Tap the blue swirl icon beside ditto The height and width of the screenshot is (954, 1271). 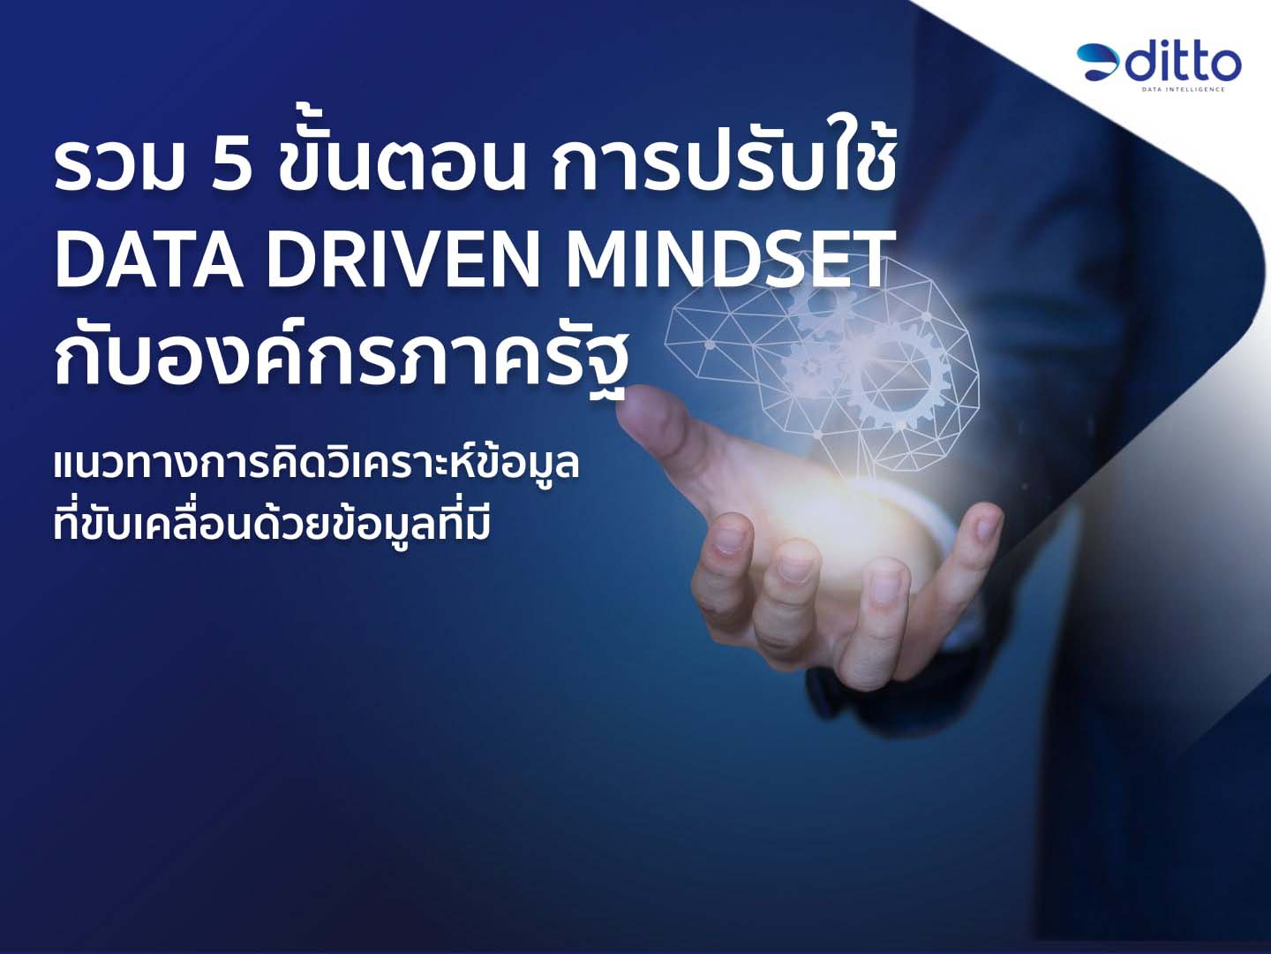pos(1099,63)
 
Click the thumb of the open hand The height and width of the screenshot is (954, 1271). pos(672,423)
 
